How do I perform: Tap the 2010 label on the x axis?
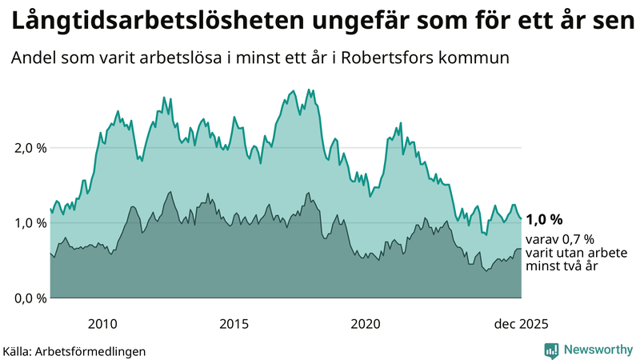tap(102, 324)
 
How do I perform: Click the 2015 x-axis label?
tap(234, 324)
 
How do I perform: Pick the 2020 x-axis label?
tap(366, 324)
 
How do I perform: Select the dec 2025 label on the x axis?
tap(521, 324)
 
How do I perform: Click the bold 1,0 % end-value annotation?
tap(545, 220)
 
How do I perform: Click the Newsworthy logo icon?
tap(551, 350)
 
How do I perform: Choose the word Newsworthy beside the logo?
tap(596, 350)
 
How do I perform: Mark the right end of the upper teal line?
tap(521, 218)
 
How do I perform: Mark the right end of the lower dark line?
tap(521, 249)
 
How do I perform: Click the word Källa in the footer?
tap(18, 350)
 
